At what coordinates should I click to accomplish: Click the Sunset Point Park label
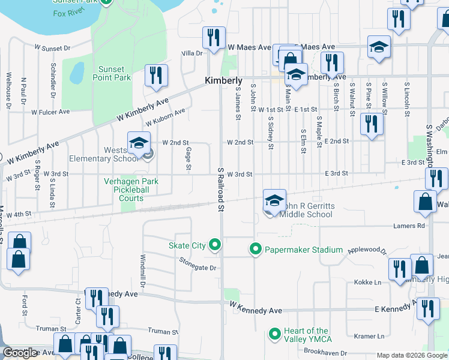(112, 73)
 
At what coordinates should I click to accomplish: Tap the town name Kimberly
(223, 80)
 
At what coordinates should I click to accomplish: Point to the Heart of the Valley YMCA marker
(275, 334)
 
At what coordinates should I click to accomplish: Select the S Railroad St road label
(220, 190)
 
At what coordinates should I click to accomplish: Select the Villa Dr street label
(192, 53)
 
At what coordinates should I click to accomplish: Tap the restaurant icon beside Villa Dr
(213, 38)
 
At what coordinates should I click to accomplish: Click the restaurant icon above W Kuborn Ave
(155, 76)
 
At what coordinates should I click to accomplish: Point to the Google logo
(20, 353)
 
